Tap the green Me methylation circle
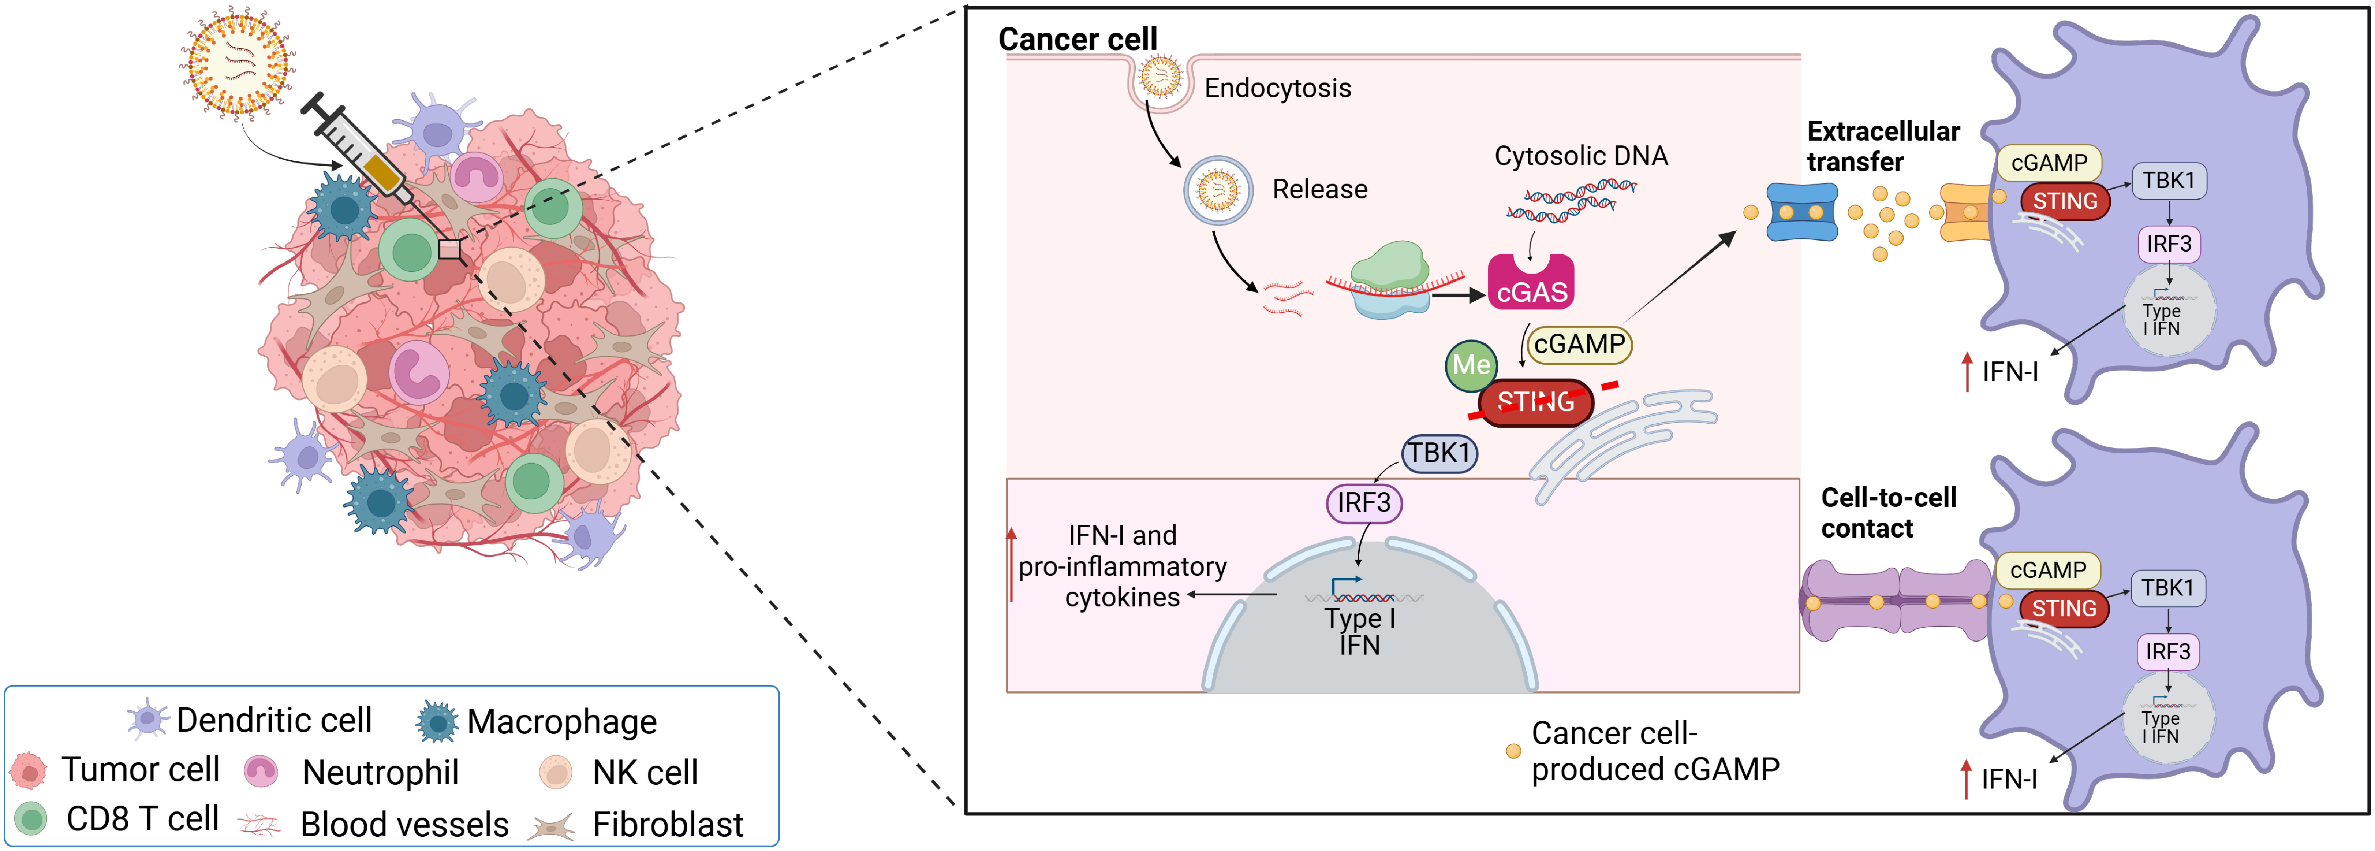[x=1471, y=365]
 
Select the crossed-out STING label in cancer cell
[x=1535, y=402]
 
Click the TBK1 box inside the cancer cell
[x=1439, y=454]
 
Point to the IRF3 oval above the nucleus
[x=1364, y=503]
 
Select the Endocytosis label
[x=1277, y=89]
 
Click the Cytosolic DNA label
[x=1580, y=156]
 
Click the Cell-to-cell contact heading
[x=1887, y=513]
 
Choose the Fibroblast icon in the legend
[x=551, y=825]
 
